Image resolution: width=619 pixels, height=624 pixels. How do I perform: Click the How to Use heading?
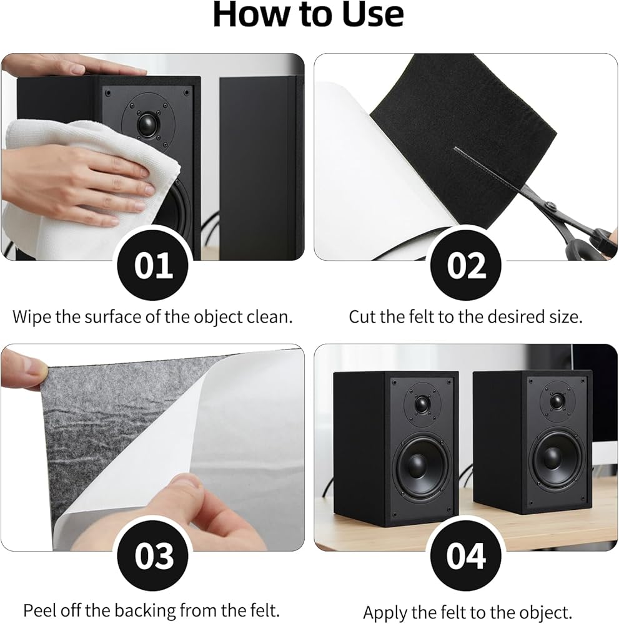[309, 15]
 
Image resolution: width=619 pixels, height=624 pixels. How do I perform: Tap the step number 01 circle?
[153, 265]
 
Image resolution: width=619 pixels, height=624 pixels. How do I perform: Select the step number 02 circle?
[465, 265]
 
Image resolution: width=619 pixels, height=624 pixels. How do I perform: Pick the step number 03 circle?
[153, 555]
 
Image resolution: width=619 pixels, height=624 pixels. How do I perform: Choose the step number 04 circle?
[465, 555]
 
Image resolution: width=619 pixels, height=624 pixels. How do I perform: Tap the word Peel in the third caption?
[39, 610]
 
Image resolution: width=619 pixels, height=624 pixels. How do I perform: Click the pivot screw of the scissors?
[551, 206]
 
